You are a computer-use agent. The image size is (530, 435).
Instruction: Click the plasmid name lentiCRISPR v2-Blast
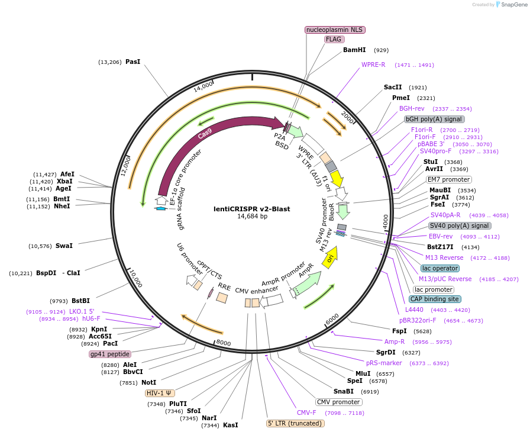click(x=253, y=208)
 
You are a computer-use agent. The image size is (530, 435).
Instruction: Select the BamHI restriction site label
click(x=354, y=50)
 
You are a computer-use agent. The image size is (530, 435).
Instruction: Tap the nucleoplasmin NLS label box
click(x=335, y=30)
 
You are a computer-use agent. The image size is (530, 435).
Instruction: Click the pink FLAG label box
click(x=334, y=39)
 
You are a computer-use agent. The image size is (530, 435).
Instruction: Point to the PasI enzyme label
click(x=132, y=62)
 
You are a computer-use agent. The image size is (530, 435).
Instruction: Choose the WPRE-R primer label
click(x=373, y=65)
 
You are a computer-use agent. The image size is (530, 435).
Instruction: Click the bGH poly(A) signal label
click(x=434, y=119)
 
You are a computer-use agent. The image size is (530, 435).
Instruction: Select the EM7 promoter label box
click(x=448, y=179)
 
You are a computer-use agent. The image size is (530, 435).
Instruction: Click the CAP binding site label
click(x=435, y=299)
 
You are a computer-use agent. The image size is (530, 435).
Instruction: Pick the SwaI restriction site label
click(x=64, y=246)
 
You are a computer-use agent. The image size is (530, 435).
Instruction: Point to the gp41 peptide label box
click(x=109, y=354)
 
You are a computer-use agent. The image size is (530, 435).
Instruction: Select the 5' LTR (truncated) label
click(x=295, y=423)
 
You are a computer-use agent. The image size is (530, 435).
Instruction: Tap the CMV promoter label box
click(x=338, y=402)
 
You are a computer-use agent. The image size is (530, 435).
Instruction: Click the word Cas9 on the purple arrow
click(x=205, y=135)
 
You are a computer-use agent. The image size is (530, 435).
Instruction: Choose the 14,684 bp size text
click(x=253, y=217)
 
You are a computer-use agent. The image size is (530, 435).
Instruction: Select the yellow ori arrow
click(x=330, y=257)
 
